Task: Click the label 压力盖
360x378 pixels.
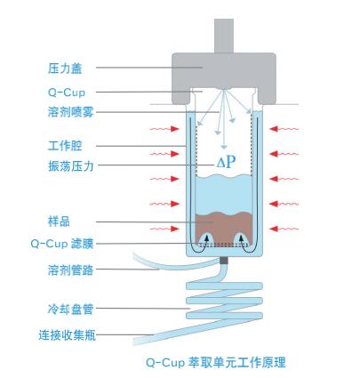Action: (65, 68)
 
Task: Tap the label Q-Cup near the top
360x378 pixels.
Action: (67, 92)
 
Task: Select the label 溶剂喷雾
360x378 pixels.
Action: (70, 112)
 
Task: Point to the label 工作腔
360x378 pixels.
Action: (65, 146)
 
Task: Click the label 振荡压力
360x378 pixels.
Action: (70, 165)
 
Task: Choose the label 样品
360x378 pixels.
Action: (59, 221)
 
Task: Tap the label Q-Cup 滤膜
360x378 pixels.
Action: (62, 244)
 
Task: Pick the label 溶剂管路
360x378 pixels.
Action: (70, 269)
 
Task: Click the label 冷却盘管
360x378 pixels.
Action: (70, 309)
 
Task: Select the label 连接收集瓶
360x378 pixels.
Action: (67, 335)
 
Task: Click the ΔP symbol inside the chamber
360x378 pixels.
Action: (226, 162)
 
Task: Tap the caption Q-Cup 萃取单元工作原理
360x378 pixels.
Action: (216, 362)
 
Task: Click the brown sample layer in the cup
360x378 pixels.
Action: (224, 223)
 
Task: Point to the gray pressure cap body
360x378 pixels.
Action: (224, 69)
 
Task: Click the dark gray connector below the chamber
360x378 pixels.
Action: (224, 261)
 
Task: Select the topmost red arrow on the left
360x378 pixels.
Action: (164, 129)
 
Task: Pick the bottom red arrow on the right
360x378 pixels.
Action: (284, 229)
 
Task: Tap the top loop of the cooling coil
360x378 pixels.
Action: (224, 286)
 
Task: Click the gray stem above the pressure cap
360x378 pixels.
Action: (224, 36)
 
